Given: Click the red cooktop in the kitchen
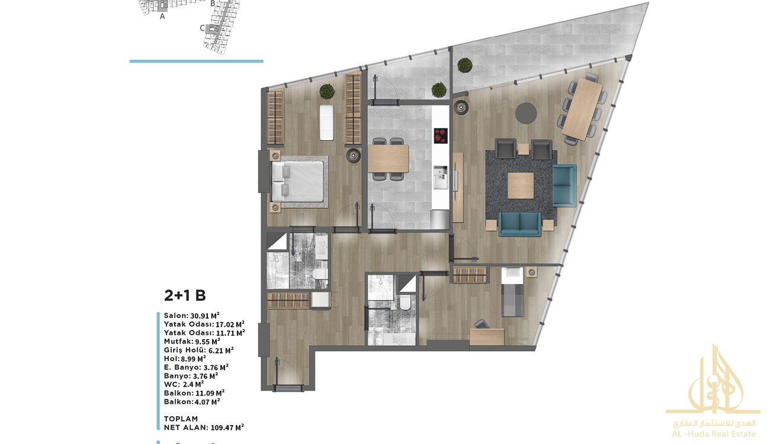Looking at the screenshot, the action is (440, 136).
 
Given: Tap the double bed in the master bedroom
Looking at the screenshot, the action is (298, 182).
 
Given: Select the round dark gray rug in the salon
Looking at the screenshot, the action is (526, 113).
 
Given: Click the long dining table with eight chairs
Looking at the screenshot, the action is (582, 110).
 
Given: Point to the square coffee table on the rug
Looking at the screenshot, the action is (521, 185).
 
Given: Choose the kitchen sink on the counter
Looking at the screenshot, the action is (440, 177).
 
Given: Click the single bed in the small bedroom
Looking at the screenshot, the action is (512, 292).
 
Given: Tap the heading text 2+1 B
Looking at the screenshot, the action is (185, 295).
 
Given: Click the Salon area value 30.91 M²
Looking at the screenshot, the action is (205, 316).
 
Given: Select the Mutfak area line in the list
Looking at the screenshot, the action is (192, 342).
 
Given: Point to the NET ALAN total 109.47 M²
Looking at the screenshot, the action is (227, 427).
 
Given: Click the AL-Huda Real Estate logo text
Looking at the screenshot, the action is (714, 434).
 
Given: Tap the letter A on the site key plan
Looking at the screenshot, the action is (162, 16).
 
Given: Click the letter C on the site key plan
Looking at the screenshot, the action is (203, 28).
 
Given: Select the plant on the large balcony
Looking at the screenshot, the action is (465, 65).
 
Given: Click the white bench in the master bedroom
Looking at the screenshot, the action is (326, 123).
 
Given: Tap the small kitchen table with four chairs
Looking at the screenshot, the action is (388, 159).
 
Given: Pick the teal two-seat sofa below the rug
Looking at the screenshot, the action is (520, 224).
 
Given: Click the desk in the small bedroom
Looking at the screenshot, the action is (487, 337).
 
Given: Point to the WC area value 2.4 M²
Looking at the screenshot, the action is (193, 384).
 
